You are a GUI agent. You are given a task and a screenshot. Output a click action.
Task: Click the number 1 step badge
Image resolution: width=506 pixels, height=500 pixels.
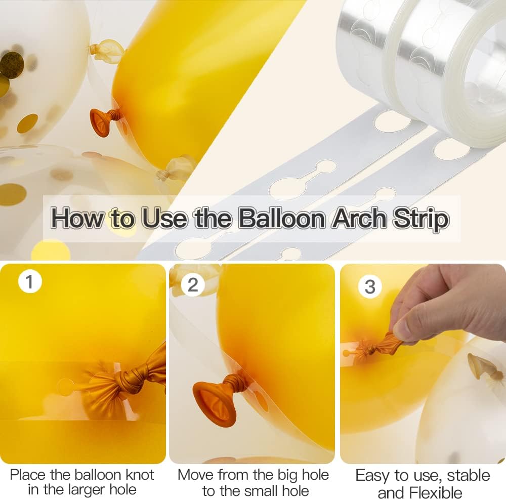[x=29, y=281]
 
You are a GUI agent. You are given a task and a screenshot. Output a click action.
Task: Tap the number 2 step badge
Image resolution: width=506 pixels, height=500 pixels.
[x=193, y=284]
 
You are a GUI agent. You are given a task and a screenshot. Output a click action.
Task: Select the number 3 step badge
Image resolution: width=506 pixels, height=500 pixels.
[x=370, y=286]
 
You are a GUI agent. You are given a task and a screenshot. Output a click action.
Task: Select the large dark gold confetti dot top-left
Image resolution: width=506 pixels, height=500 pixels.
[x=11, y=65]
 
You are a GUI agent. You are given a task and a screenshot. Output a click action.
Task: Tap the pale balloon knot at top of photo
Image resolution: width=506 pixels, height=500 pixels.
[x=106, y=50]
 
